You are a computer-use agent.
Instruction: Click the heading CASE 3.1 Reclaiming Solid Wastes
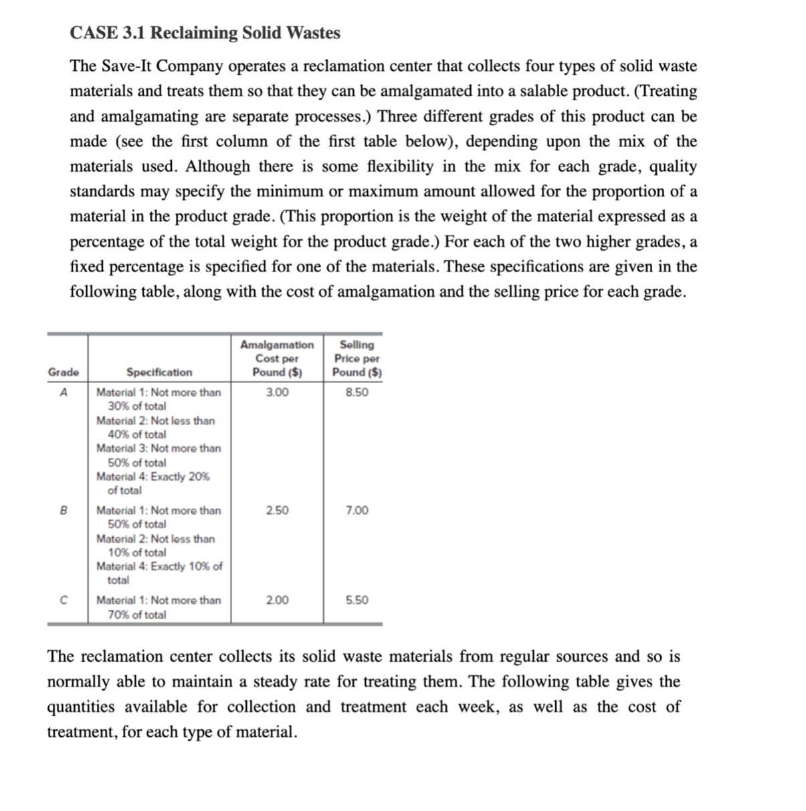coord(205,33)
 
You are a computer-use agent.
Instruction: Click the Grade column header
coord(64,372)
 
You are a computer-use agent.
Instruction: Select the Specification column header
coord(159,372)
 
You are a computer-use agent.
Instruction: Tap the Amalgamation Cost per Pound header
coord(277,358)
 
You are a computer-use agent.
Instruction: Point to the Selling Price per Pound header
coord(357,358)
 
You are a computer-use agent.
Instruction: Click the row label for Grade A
coord(64,392)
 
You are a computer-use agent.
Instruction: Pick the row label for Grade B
coord(64,510)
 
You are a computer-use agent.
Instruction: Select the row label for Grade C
coord(64,600)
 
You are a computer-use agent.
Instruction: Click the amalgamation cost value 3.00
coord(277,392)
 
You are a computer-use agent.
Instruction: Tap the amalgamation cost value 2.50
coord(277,510)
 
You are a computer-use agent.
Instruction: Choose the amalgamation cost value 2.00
coord(277,600)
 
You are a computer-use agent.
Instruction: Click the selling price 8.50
coord(357,392)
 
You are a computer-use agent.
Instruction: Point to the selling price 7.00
coord(357,510)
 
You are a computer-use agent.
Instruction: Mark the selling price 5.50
coord(357,600)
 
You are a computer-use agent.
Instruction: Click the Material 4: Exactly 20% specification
coord(153,483)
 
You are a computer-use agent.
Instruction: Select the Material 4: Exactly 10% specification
coord(159,573)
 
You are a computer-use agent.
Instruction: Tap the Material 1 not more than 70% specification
coord(158,607)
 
